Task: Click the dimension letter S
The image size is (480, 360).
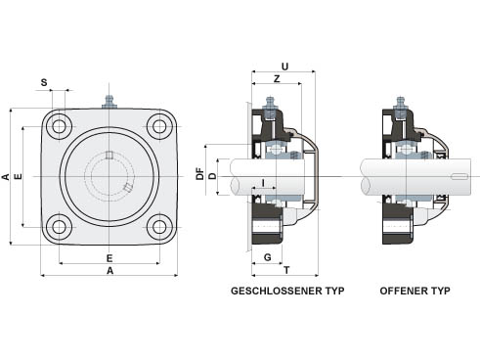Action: pyautogui.click(x=44, y=82)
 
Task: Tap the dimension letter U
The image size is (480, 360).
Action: pyautogui.click(x=284, y=67)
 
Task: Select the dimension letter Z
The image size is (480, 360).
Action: pyautogui.click(x=277, y=79)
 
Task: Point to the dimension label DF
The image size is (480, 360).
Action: pyautogui.click(x=199, y=174)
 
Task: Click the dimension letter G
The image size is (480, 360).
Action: pyautogui.click(x=267, y=257)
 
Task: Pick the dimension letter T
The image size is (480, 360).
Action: pyautogui.click(x=286, y=270)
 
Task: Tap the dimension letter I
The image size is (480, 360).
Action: pyautogui.click(x=263, y=183)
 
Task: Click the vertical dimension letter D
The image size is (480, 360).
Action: pyautogui.click(x=212, y=176)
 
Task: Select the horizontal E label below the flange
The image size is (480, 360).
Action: pyautogui.click(x=109, y=258)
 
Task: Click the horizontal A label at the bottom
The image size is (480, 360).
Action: pyautogui.click(x=110, y=270)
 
